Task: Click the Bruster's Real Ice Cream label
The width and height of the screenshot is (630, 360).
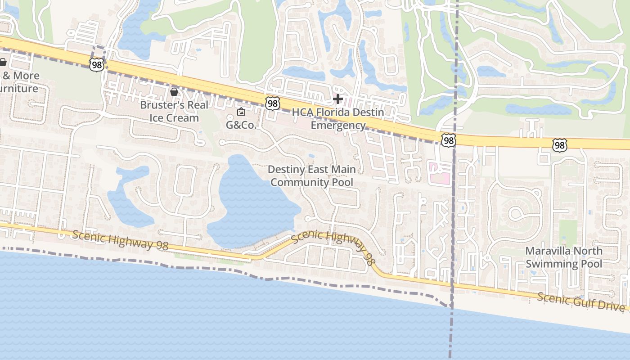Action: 174,111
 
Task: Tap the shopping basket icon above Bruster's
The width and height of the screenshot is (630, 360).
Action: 174,92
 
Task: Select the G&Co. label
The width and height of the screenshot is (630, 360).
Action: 241,125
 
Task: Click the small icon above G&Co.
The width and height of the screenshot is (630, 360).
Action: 241,112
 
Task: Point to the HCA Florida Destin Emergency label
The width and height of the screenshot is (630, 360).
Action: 338,118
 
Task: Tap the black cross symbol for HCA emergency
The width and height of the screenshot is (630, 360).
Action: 338,99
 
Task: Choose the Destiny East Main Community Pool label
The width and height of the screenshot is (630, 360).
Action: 312,175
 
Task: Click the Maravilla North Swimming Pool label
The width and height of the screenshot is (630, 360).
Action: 564,257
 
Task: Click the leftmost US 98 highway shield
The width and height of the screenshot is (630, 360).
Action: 96,65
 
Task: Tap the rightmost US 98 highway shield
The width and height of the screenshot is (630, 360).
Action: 559,145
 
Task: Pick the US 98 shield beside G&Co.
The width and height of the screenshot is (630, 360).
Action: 272,103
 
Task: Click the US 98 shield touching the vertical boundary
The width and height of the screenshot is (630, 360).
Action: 448,140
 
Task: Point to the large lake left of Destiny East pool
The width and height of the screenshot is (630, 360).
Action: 252,202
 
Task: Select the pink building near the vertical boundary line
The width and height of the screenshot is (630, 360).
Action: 440,173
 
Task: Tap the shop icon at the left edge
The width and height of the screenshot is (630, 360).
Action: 3,62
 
